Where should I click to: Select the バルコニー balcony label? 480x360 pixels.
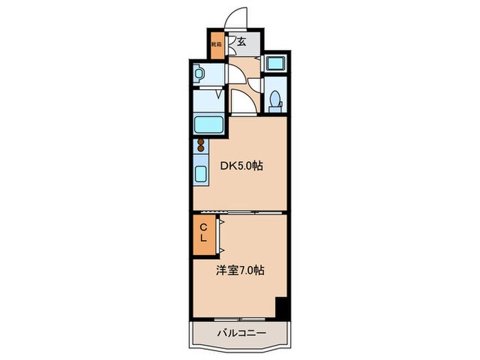tap(238, 335)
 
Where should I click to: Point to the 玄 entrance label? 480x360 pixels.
tap(242, 43)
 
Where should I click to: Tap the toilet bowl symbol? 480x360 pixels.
tap(276, 101)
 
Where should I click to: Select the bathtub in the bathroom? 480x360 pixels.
tap(207, 125)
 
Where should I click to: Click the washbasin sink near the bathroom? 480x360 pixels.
tap(200, 72)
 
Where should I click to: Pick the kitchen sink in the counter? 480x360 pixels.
tap(201, 173)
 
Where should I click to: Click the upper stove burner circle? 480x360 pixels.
tap(201, 142)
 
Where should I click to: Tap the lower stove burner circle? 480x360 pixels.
tap(201, 150)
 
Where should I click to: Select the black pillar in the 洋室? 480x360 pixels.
tap(280, 308)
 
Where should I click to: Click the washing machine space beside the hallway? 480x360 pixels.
tap(277, 65)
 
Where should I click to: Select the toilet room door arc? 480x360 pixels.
tap(255, 85)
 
